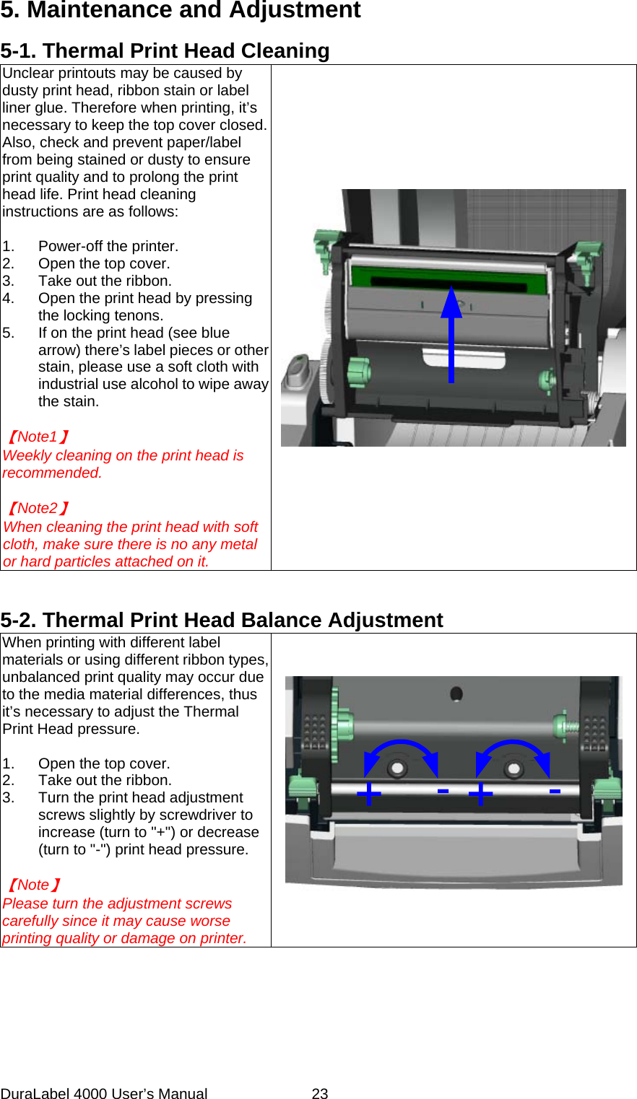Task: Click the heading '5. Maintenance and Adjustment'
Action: (181, 10)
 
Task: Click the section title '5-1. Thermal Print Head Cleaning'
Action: (165, 51)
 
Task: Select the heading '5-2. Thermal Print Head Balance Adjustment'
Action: (222, 620)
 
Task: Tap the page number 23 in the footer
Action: (320, 1093)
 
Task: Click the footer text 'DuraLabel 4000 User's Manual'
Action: (104, 1093)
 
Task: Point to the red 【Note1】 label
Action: (38, 437)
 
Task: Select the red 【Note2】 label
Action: (38, 508)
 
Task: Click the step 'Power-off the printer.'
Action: (108, 246)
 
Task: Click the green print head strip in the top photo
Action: (448, 278)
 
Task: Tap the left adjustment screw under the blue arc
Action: (397, 768)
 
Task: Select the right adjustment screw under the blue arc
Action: (514, 768)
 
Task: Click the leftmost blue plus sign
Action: (368, 794)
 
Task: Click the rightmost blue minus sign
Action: (555, 792)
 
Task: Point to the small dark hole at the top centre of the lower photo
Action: (456, 693)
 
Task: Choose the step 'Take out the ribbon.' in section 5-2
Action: (105, 780)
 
